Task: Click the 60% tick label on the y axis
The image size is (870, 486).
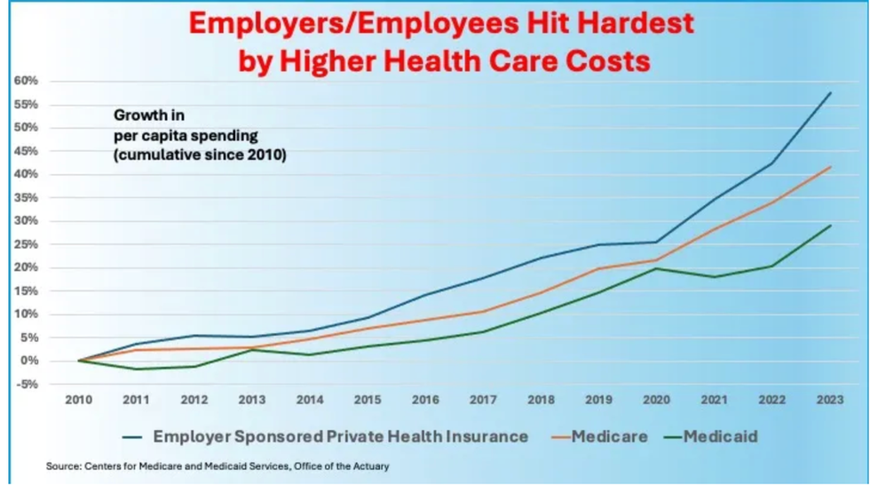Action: [26, 81]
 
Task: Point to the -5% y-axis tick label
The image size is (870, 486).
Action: [26, 384]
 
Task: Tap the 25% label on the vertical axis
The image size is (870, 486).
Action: [26, 220]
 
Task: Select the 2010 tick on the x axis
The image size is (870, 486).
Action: [78, 401]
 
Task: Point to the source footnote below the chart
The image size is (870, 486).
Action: [217, 466]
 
